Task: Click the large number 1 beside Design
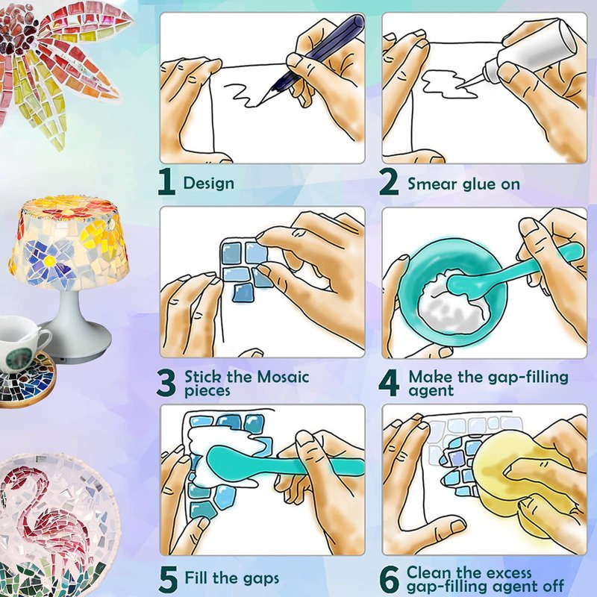pos(167,182)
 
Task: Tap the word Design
pos(209,184)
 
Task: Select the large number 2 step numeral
pos(389,182)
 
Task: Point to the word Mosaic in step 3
pos(283,377)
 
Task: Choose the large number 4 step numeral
pos(389,383)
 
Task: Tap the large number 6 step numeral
pos(390,580)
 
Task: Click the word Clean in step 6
pos(429,572)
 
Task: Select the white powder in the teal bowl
pos(452,301)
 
